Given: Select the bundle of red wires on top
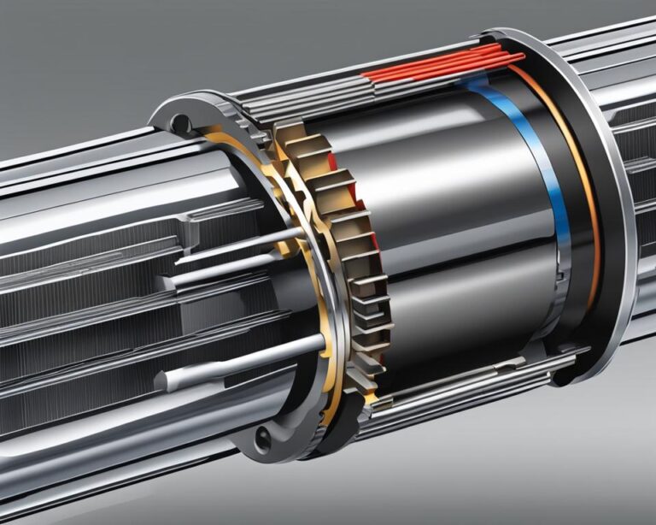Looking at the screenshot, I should [444, 68].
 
